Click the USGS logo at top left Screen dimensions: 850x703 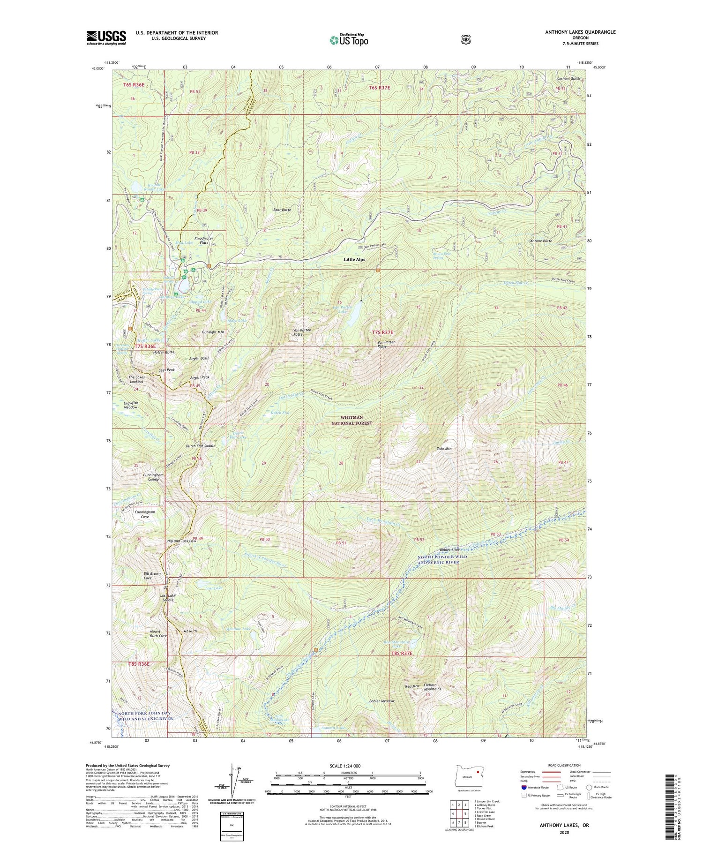point(106,38)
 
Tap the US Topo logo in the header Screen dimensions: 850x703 point(349,39)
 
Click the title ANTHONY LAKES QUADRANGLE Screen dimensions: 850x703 point(580,32)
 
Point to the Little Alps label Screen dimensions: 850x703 point(354,259)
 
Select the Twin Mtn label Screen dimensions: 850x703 point(443,449)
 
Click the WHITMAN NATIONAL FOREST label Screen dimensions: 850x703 point(352,421)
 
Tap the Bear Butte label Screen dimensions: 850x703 point(282,210)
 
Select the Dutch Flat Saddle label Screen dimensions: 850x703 point(201,446)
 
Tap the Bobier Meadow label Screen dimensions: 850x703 point(381,701)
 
